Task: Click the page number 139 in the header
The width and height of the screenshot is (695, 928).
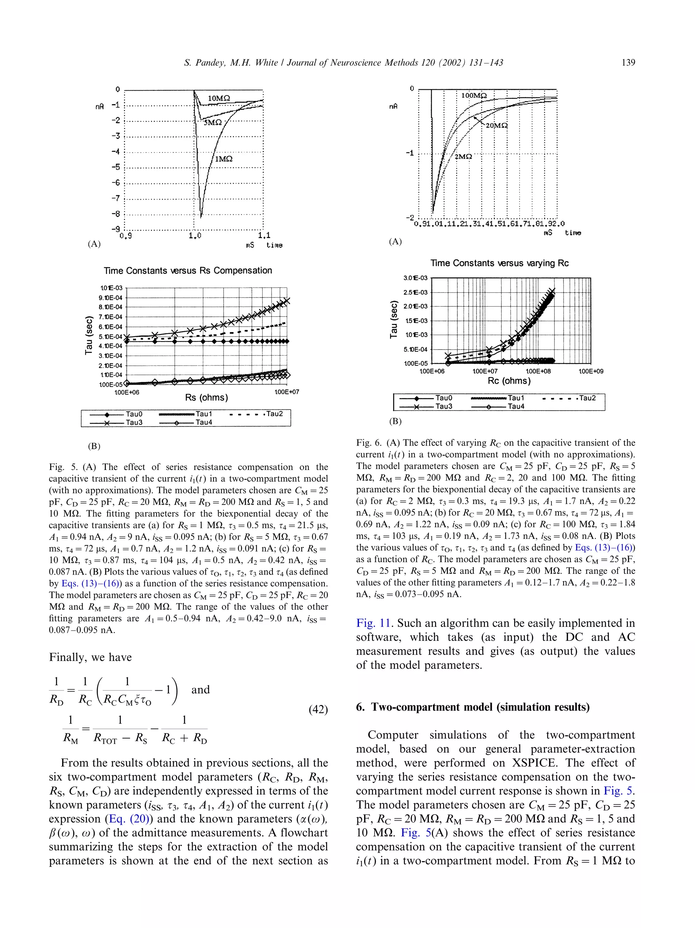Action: pyautogui.click(x=628, y=63)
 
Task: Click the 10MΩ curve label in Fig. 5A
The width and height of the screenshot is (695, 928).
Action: pyautogui.click(x=219, y=98)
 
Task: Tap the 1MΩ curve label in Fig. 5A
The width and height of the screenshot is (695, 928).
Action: pyautogui.click(x=223, y=159)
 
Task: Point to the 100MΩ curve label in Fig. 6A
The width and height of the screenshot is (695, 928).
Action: pyautogui.click(x=474, y=96)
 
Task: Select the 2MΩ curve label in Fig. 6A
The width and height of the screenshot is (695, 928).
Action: pyautogui.click(x=463, y=157)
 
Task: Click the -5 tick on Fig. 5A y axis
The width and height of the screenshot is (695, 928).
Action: pyautogui.click(x=116, y=167)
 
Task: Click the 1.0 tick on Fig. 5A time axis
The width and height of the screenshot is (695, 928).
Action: pyautogui.click(x=194, y=236)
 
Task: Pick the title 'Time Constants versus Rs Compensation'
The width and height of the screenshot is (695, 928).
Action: pyautogui.click(x=188, y=271)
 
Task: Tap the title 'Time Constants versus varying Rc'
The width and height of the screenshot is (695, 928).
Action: pyautogui.click(x=499, y=263)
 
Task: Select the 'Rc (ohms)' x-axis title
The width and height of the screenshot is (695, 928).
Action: pyautogui.click(x=509, y=381)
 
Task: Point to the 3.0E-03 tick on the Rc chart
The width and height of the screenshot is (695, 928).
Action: pyautogui.click(x=415, y=278)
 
